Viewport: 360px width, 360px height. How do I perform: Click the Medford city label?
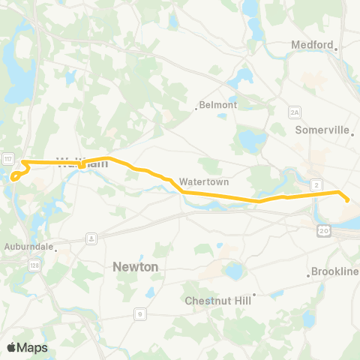pyautogui.click(x=311, y=45)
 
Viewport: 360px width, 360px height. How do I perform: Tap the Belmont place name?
pyautogui.click(x=218, y=105)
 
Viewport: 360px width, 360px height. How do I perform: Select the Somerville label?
pyautogui.click(x=322, y=130)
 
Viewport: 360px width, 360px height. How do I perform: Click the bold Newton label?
pyautogui.click(x=135, y=266)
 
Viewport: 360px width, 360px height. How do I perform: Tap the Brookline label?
pyautogui.click(x=335, y=271)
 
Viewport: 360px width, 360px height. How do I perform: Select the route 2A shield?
pyautogui.click(x=294, y=112)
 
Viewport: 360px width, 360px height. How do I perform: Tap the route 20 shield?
pyautogui.click(x=321, y=228)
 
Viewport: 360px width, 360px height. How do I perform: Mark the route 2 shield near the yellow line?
pyautogui.click(x=317, y=184)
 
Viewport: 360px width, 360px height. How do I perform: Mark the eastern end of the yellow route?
pyautogui.click(x=347, y=199)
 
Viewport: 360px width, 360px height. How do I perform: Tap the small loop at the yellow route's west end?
pyautogui.click(x=15, y=176)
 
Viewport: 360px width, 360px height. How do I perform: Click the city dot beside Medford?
pyautogui.click(x=337, y=49)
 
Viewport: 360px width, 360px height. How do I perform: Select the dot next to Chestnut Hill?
pyautogui.click(x=254, y=295)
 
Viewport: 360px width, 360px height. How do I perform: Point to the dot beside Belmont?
pyautogui.click(x=196, y=109)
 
